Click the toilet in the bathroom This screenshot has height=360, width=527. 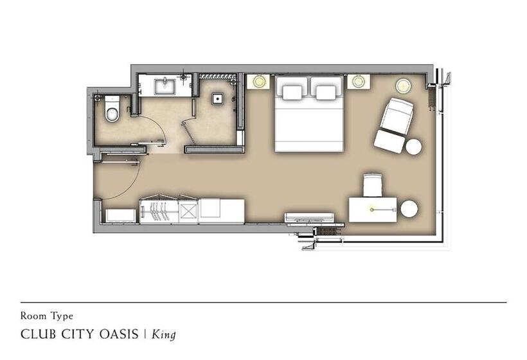(x=112, y=108)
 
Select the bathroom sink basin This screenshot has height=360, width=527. (x=165, y=86)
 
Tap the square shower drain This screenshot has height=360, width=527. (x=218, y=98)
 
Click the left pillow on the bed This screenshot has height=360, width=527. (x=292, y=93)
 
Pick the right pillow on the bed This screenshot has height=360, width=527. (x=326, y=93)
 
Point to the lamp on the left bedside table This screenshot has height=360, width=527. (x=258, y=82)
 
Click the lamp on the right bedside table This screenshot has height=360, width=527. (x=358, y=82)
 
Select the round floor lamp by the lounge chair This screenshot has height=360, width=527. (x=404, y=85)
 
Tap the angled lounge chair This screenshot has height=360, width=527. (x=394, y=125)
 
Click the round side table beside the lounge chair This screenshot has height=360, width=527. (x=413, y=147)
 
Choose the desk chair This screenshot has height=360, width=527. (x=372, y=185)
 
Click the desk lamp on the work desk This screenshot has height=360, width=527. (x=371, y=210)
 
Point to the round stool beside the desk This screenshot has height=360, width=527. (x=409, y=209)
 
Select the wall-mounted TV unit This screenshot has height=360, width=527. (x=310, y=217)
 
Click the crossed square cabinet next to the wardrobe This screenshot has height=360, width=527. (x=188, y=211)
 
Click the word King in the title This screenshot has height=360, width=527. (x=164, y=334)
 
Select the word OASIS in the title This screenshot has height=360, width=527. (x=119, y=334)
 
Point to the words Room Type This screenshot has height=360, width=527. (x=47, y=316)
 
